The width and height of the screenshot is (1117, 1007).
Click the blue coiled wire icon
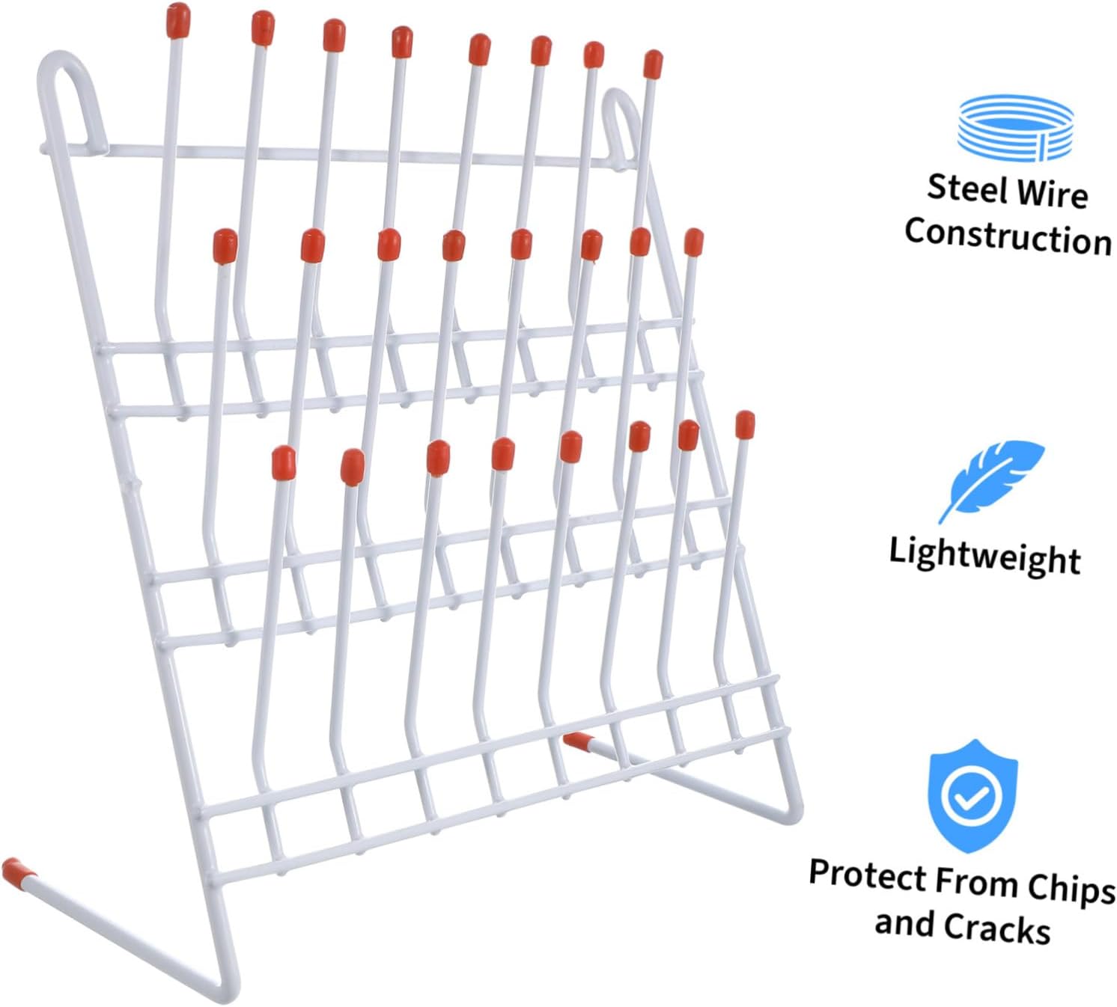click(1015, 128)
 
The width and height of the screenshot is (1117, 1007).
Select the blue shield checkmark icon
click(973, 797)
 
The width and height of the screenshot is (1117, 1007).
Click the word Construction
click(1008, 236)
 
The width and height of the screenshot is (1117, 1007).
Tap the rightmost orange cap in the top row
click(653, 64)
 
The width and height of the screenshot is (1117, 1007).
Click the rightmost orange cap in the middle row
click(694, 242)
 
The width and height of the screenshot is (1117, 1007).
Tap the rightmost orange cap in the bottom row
click(745, 425)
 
